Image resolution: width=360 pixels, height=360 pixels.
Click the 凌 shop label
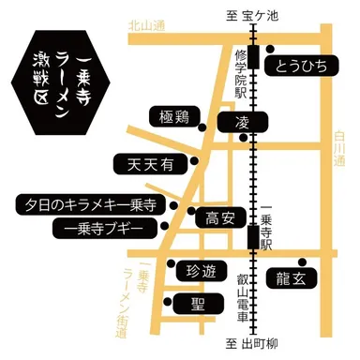[241, 123]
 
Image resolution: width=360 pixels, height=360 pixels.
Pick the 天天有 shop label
[150, 165]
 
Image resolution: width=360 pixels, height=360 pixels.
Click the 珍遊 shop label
[200, 272]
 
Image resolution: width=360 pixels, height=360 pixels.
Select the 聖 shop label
[197, 304]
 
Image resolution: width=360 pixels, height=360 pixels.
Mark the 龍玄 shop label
[291, 278]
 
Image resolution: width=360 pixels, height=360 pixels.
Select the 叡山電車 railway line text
[241, 295]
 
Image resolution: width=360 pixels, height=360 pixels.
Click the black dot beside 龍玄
[301, 261]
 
